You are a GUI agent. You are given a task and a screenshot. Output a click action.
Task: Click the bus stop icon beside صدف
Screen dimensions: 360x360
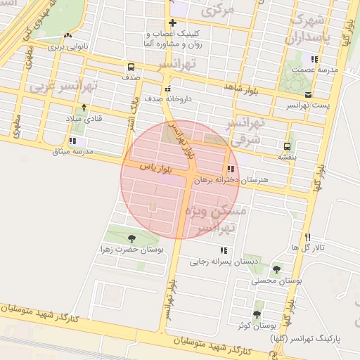point(131,67)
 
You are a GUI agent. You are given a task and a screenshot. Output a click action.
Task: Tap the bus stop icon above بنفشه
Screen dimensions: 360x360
point(286,146)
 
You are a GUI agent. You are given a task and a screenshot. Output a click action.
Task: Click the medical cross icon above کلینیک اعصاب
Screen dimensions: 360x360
point(172,22)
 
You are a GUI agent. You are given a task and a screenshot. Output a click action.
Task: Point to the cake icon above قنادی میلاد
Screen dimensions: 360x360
point(84,108)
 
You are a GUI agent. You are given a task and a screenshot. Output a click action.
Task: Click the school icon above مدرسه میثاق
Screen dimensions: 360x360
point(72,141)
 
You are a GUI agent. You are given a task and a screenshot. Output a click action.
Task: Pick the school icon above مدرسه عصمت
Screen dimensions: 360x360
point(314,60)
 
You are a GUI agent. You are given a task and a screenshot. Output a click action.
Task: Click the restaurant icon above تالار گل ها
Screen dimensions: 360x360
point(307,237)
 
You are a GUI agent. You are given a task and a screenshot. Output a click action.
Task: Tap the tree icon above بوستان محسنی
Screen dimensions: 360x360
point(276,269)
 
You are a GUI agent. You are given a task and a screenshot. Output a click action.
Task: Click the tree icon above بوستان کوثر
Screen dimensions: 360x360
point(257,314)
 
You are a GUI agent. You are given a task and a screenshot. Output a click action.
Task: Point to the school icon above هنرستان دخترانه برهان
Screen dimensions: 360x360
point(231,169)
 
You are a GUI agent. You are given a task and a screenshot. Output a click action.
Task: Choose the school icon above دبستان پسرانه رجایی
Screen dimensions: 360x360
point(224,250)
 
